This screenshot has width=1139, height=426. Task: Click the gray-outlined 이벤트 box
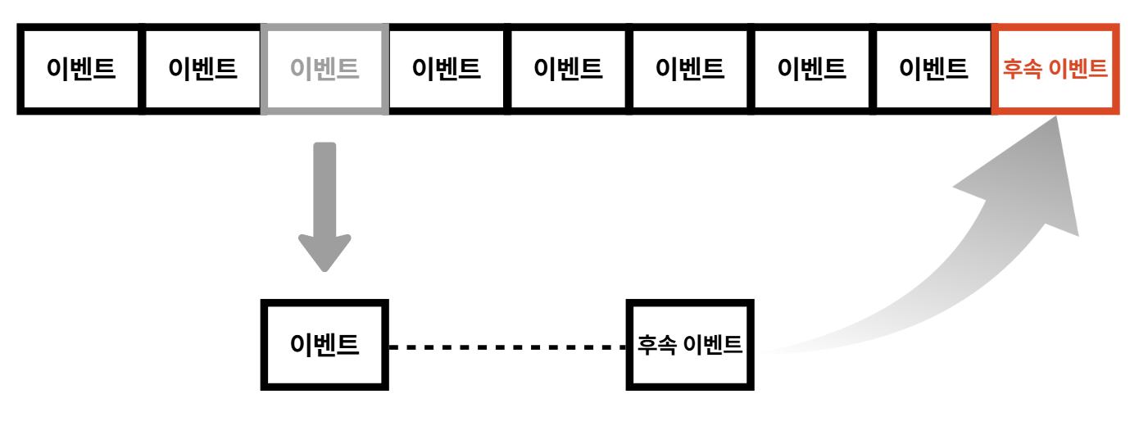[324, 68]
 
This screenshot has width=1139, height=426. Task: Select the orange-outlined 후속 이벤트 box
[1055, 68]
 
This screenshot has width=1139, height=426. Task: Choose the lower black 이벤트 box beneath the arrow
[324, 345]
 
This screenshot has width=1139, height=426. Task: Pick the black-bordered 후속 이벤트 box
[690, 345]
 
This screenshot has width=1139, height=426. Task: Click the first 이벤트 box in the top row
[81, 68]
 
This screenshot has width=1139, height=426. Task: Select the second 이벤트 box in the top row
[202, 68]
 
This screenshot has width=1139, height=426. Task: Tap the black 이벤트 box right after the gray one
[447, 68]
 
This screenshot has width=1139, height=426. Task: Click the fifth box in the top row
[568, 68]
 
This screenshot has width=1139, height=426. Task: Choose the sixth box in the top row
[690, 68]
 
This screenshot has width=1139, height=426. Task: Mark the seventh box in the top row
[811, 68]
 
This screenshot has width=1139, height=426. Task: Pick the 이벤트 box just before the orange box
[933, 68]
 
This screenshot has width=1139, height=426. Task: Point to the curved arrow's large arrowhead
[1032, 172]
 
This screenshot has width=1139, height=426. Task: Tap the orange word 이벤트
[1076, 69]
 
